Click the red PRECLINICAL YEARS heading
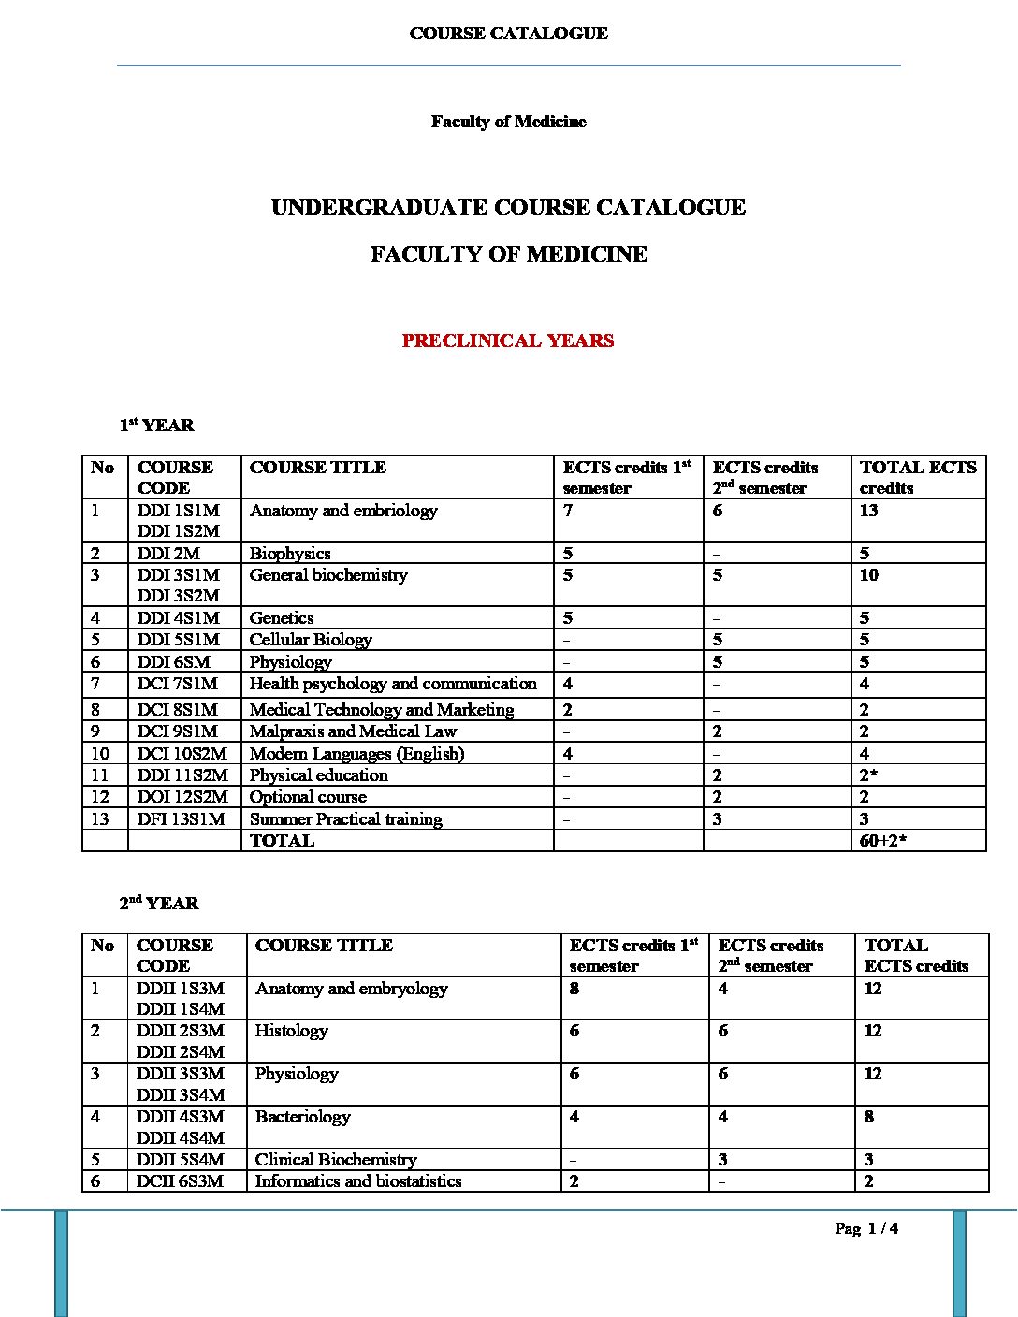pyautogui.click(x=508, y=340)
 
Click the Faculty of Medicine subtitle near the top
pyautogui.click(x=508, y=122)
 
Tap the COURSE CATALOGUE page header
pyautogui.click(x=508, y=34)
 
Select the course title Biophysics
pyautogui.click(x=290, y=554)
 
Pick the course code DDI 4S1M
pyautogui.click(x=178, y=618)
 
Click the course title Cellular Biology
pyautogui.click(x=311, y=640)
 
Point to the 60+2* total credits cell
pyautogui.click(x=883, y=841)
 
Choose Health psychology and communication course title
pyautogui.click(x=393, y=684)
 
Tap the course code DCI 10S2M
pyautogui.click(x=182, y=754)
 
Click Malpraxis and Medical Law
pyautogui.click(x=353, y=731)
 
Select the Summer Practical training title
pyautogui.click(x=345, y=819)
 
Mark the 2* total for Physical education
pyautogui.click(x=869, y=775)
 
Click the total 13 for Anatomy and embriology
pyautogui.click(x=869, y=511)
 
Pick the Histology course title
pyautogui.click(x=291, y=1031)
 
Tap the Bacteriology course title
pyautogui.click(x=302, y=1117)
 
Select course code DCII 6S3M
pyautogui.click(x=180, y=1181)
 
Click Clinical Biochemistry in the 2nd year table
pyautogui.click(x=336, y=1160)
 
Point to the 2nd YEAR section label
pyautogui.click(x=159, y=904)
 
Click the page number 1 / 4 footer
pyautogui.click(x=867, y=1229)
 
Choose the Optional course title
pyautogui.click(x=308, y=797)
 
